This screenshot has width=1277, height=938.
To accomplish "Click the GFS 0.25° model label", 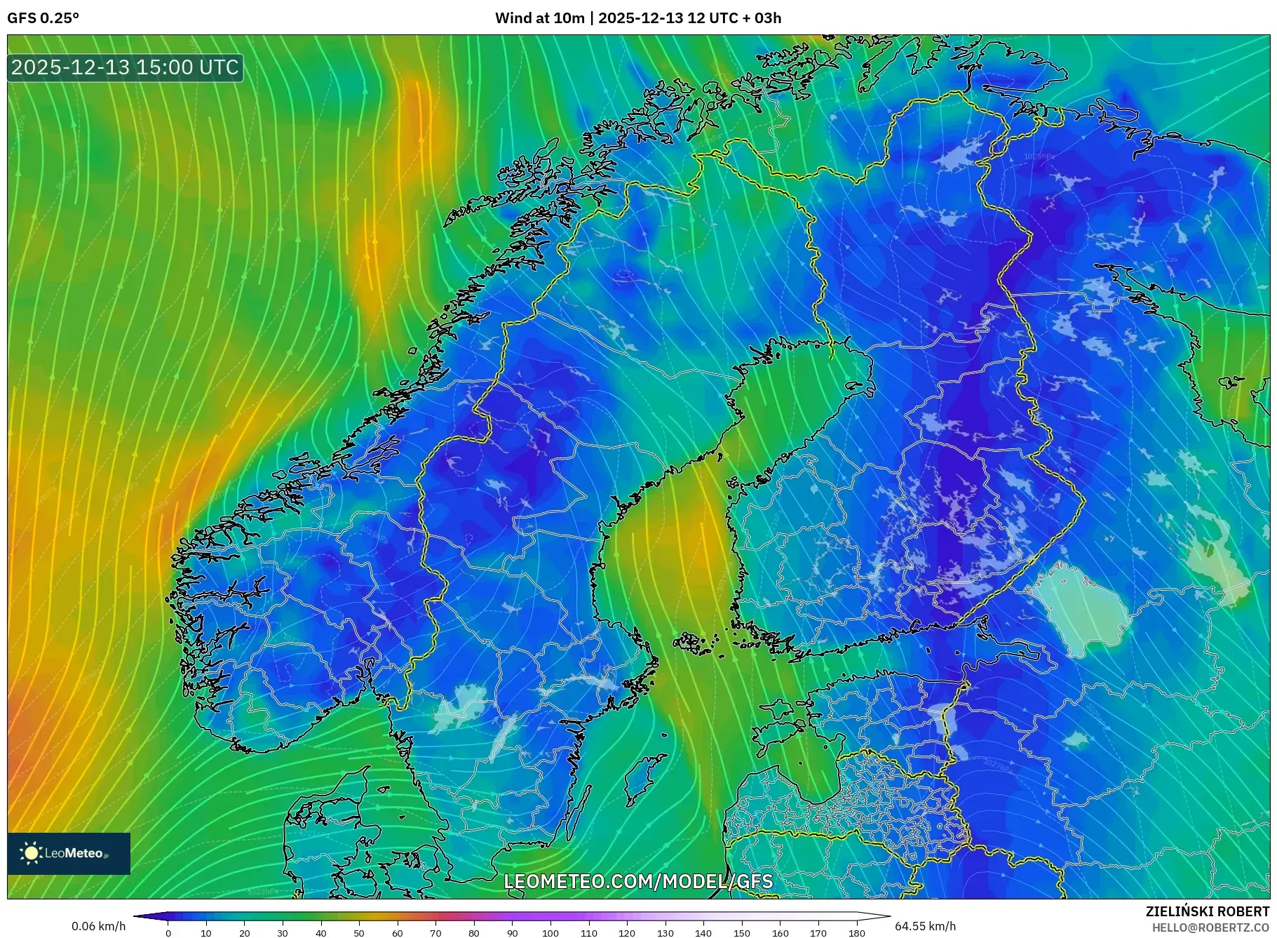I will [x=43, y=18].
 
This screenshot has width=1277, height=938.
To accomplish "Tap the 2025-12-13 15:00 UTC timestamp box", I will [x=125, y=67].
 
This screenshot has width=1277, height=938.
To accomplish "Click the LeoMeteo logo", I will [x=69, y=853].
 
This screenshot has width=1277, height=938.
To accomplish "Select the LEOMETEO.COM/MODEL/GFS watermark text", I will [x=638, y=881].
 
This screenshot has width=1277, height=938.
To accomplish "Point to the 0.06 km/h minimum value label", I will [x=98, y=926].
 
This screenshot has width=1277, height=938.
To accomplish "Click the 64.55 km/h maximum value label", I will [x=925, y=926].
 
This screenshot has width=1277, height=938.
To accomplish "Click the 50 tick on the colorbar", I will [x=359, y=933].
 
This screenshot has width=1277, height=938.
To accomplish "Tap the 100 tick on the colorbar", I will [x=550, y=933].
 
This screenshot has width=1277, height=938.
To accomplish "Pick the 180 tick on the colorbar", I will [x=856, y=933].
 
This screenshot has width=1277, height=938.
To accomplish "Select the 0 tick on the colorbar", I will [x=168, y=933].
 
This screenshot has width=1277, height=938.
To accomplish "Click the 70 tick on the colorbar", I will [x=435, y=933].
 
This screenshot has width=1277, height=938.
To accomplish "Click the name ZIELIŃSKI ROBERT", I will [x=1207, y=911].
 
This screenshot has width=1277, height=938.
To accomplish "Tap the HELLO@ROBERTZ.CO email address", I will [x=1210, y=927].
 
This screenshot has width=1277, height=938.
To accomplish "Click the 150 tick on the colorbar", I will [x=741, y=933].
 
